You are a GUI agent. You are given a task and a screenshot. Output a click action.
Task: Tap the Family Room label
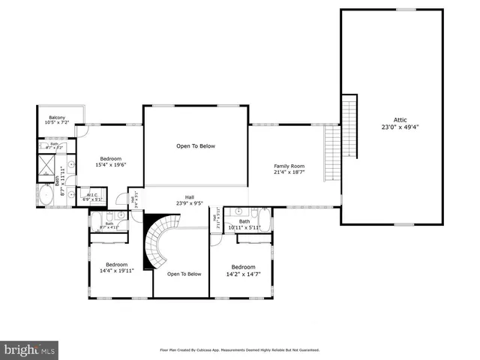tap(289, 166)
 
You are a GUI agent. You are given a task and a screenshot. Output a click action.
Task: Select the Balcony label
tap(57, 118)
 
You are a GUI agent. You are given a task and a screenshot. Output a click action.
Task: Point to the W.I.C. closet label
tap(93, 196)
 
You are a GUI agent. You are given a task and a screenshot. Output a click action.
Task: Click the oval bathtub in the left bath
tap(45, 196)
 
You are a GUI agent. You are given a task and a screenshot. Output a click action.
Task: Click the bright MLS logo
tap(28, 349)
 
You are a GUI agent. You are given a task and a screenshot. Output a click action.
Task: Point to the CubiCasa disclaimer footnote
tap(239, 349)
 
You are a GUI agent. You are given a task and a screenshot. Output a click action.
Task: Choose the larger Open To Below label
tap(196, 145)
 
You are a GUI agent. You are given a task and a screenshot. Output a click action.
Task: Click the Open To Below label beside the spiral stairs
tap(184, 274)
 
